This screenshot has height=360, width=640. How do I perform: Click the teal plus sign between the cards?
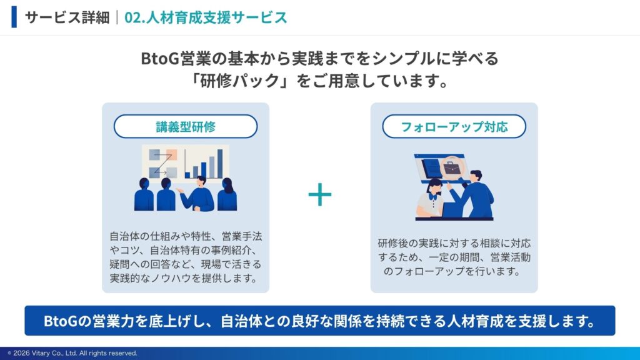click(x=319, y=194)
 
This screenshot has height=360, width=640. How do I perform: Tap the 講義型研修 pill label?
click(x=185, y=126)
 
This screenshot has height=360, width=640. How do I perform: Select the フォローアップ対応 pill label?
click(x=454, y=126)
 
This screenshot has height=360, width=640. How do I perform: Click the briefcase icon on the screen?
click(x=451, y=167)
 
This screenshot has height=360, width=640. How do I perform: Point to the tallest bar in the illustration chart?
click(x=220, y=164)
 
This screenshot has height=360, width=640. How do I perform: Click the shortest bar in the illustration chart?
click(x=187, y=175)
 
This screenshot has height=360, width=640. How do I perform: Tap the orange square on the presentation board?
click(x=171, y=155)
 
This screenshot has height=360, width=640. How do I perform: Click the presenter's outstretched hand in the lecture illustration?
click(x=179, y=191)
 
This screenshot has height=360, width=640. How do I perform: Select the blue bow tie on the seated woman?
click(x=432, y=197)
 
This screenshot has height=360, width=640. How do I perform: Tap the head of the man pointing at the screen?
click(x=476, y=176)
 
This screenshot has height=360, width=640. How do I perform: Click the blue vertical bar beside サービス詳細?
click(x=14, y=17)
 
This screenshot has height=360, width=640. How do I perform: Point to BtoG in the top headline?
click(x=159, y=58)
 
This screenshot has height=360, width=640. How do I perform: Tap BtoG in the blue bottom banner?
click(x=60, y=321)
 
